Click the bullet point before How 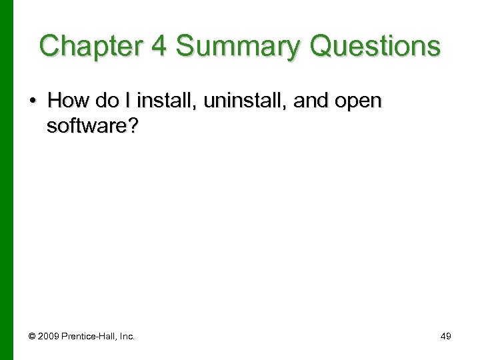pos(33,101)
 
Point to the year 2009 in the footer pos(47,337)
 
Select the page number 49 pos(445,337)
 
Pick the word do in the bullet pos(107,101)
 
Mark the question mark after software pos(133,126)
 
